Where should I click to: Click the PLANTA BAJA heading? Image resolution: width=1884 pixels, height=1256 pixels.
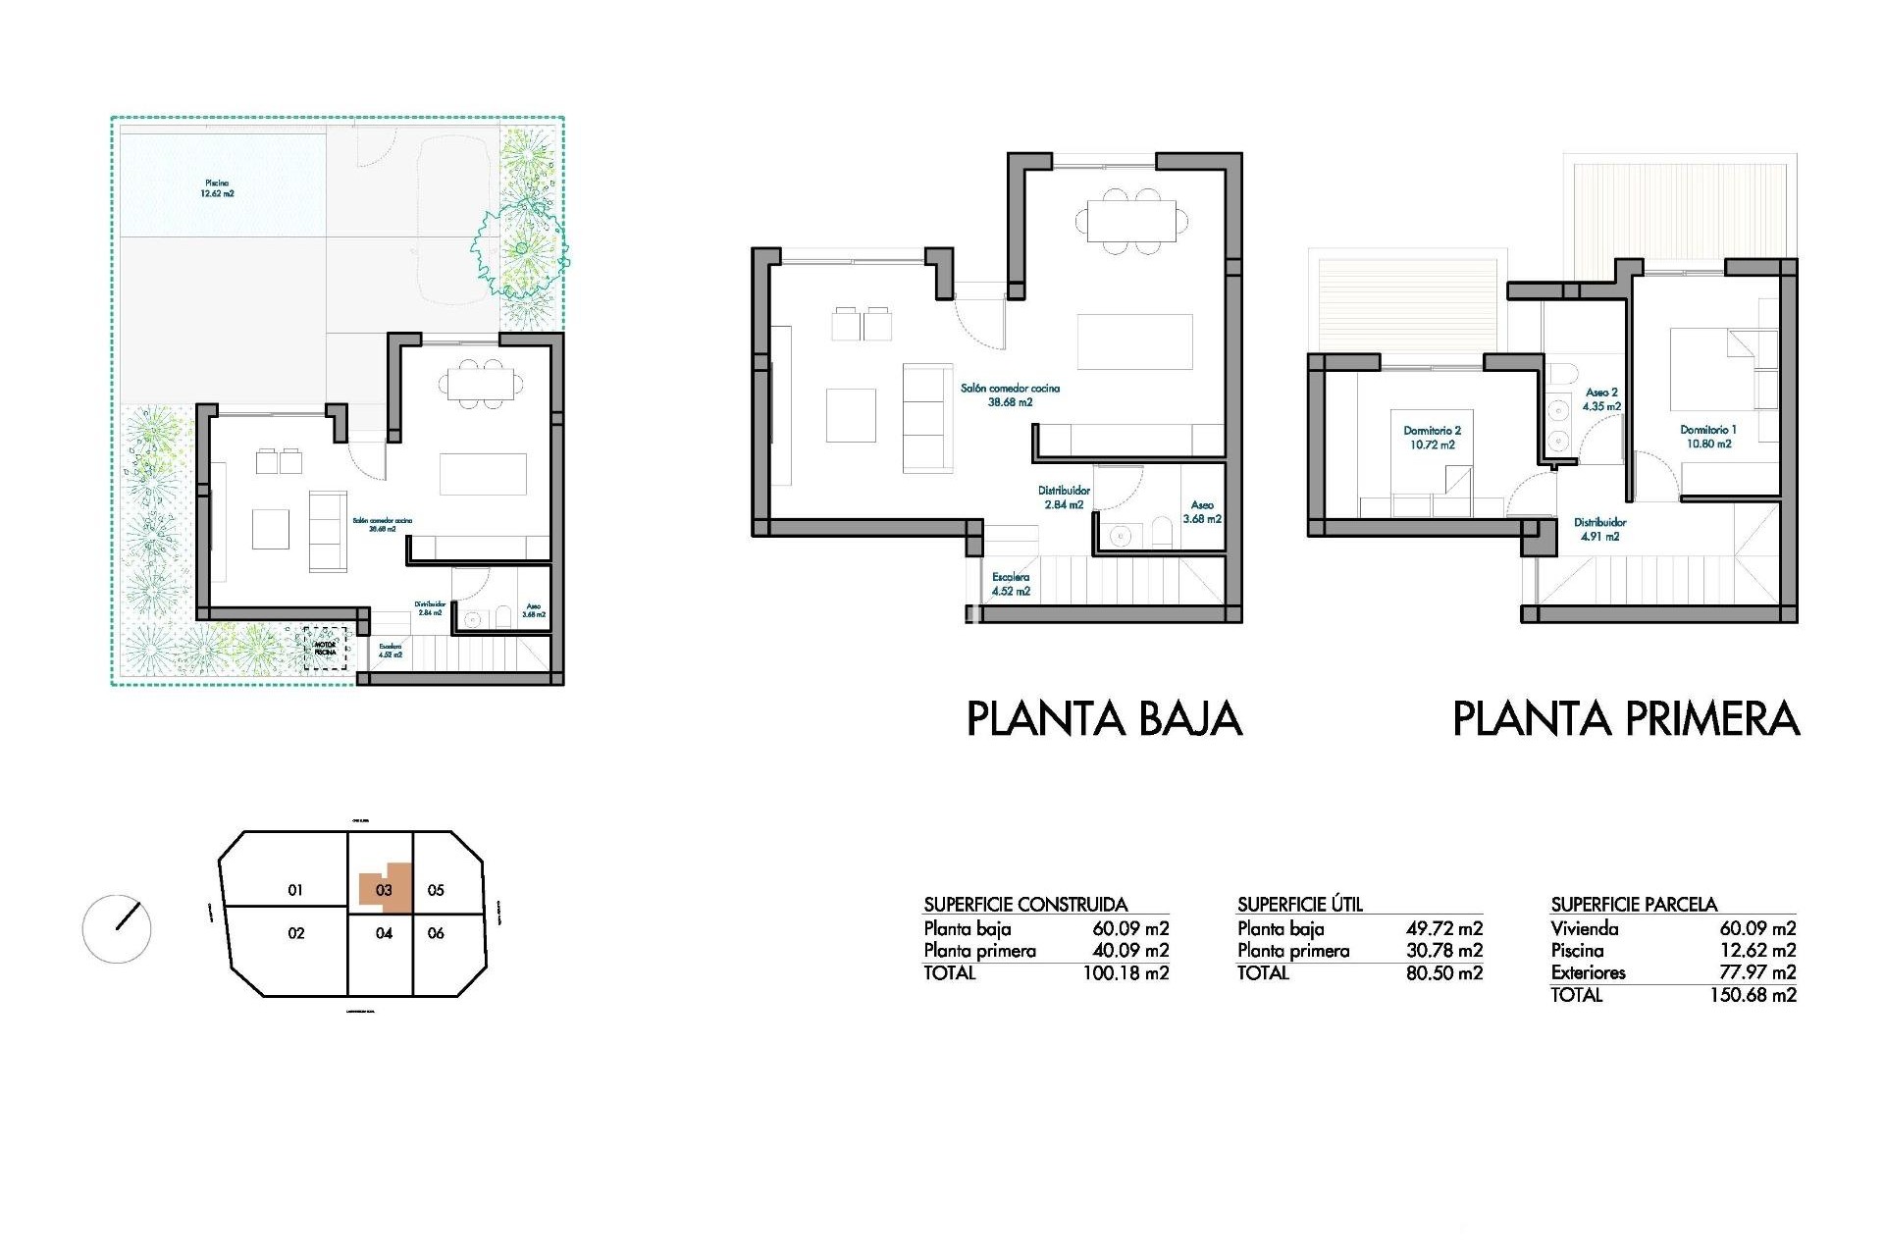(x=1104, y=719)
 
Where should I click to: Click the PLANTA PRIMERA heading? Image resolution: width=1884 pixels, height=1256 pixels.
(x=1625, y=719)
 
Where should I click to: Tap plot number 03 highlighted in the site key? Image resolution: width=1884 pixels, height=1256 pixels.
(x=384, y=890)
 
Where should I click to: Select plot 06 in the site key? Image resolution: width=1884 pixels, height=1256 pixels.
(x=437, y=933)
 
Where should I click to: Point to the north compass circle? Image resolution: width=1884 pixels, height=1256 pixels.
(x=117, y=928)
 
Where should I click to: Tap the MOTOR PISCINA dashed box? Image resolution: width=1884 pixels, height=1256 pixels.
(x=325, y=649)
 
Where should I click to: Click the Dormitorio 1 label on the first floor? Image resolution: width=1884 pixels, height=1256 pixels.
(x=1708, y=437)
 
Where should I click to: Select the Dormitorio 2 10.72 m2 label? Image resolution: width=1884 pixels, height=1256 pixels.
(x=1433, y=438)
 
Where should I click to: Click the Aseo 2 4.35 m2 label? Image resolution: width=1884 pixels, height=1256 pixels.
(x=1601, y=398)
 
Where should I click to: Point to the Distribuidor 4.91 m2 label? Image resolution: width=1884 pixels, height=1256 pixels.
(x=1600, y=530)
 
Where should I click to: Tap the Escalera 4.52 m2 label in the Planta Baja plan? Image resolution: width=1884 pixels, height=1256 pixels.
(x=1011, y=584)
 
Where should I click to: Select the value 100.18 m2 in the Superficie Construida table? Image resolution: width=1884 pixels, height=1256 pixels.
(x=1125, y=973)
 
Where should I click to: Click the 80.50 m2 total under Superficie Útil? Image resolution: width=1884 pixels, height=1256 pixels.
(x=1443, y=973)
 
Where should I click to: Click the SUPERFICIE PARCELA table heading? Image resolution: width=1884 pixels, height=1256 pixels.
(x=1634, y=904)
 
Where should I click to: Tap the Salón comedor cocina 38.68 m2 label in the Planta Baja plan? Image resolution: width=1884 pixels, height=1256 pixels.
(x=1010, y=394)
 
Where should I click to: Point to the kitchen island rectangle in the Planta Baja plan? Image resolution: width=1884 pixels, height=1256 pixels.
(x=1134, y=341)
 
